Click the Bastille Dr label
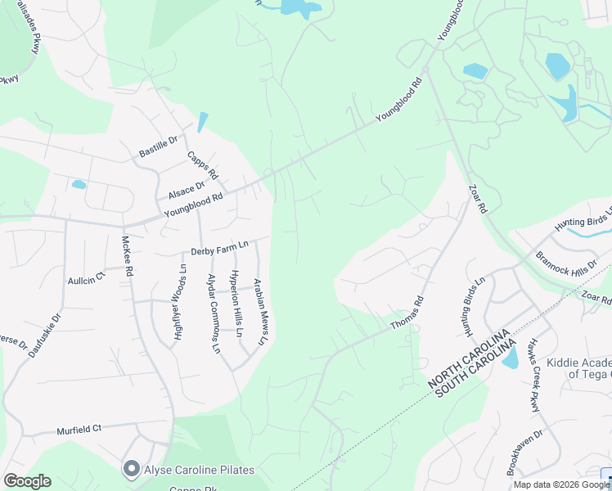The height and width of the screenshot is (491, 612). tap(158, 146)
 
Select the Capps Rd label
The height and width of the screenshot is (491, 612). tap(202, 165)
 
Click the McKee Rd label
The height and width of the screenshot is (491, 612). tap(127, 258)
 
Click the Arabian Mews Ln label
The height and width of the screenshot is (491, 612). tap(260, 312)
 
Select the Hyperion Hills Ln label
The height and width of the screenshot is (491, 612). tap(236, 304)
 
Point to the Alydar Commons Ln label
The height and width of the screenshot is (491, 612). tap(214, 313)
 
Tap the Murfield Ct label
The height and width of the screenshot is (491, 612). tap(79, 429)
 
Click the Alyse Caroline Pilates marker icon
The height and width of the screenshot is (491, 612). tap(130, 469)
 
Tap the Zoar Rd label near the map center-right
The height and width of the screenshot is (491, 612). tap(477, 199)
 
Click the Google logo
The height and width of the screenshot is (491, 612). tap(27, 480)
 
